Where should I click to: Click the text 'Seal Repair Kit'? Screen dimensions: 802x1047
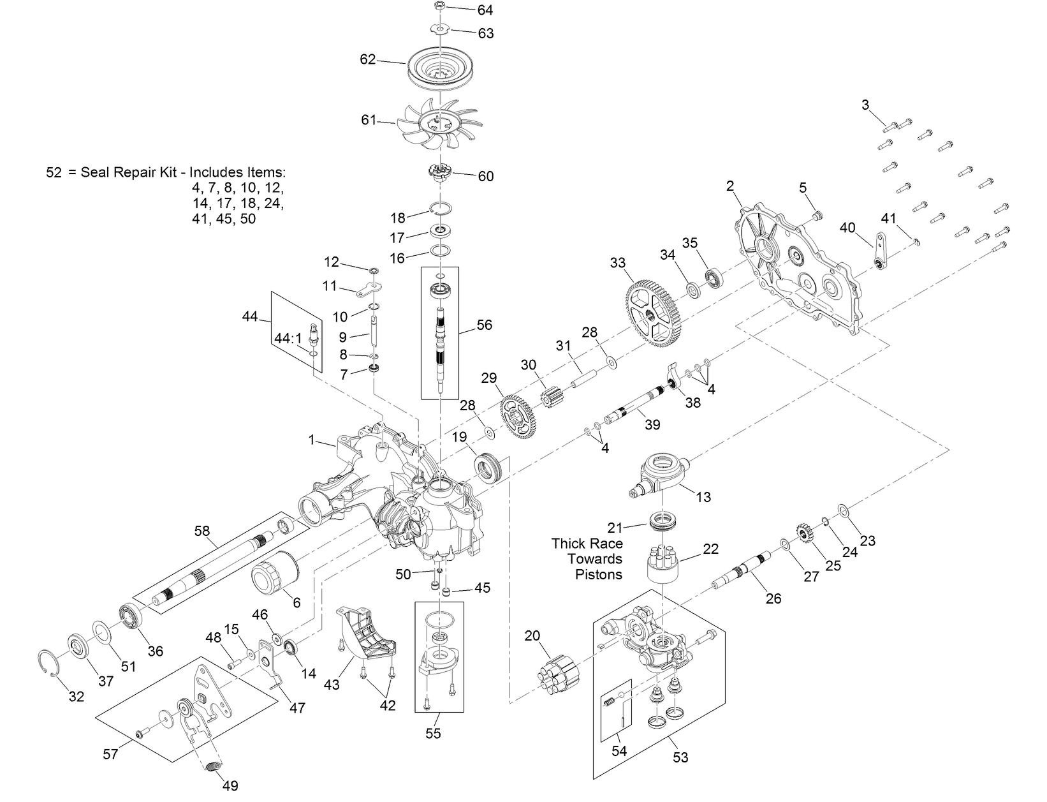[x=123, y=172]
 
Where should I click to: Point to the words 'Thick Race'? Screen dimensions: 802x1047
[x=587, y=544]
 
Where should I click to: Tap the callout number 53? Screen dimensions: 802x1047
[x=680, y=757]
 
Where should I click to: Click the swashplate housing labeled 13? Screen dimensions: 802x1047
[x=663, y=473]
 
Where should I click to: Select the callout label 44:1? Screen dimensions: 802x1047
[x=287, y=338]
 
